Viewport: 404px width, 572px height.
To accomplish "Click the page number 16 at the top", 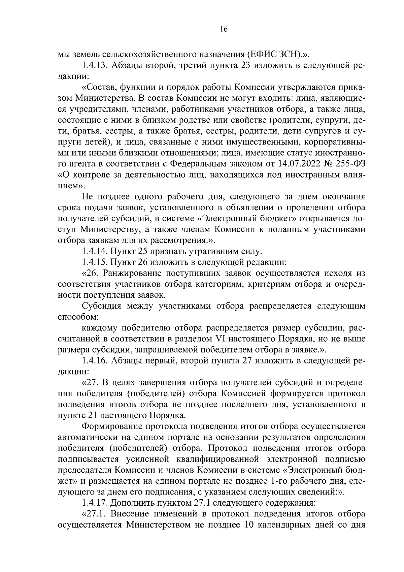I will pos(224,30).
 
